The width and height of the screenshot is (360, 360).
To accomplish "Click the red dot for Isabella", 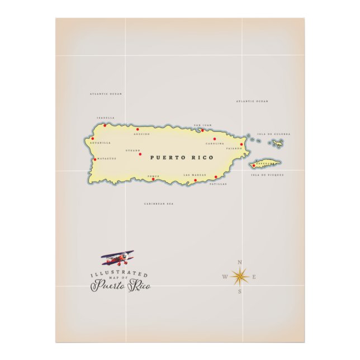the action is [x=104, y=125].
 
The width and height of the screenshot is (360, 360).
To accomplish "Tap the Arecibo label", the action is [x=141, y=135].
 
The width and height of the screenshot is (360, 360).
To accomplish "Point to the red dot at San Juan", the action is [x=202, y=131].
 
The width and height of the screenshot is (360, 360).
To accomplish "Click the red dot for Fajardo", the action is [x=241, y=144].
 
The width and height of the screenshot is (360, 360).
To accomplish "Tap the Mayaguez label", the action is [x=106, y=158].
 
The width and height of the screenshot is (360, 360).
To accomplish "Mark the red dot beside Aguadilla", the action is [x=93, y=139].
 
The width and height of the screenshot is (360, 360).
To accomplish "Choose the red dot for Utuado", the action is [x=140, y=154].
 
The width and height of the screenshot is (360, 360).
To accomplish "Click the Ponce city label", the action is [x=153, y=176].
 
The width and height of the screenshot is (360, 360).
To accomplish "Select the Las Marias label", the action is [x=195, y=175].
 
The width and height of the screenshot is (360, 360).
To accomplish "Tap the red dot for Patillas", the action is [x=216, y=177].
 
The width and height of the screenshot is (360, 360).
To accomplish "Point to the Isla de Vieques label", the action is [x=268, y=175].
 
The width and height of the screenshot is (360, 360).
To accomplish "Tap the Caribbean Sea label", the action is [x=159, y=204].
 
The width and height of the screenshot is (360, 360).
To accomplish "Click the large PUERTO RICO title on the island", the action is [x=182, y=158].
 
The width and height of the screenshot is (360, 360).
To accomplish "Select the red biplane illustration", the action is [x=118, y=258].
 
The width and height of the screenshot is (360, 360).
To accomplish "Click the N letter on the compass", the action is [x=240, y=262].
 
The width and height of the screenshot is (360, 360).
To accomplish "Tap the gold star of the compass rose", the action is [x=240, y=276].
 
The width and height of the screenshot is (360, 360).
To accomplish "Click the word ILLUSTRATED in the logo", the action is [x=119, y=273].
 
